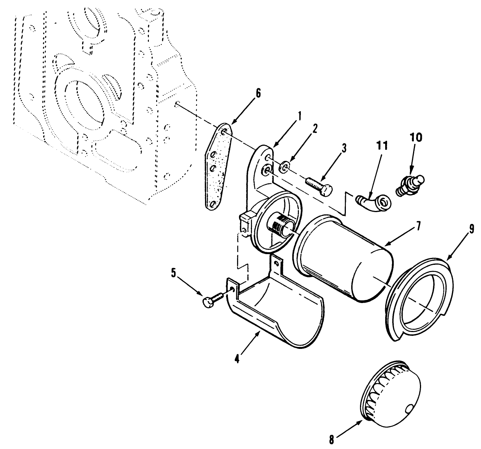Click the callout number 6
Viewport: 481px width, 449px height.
tap(258, 94)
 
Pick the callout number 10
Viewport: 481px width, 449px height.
tap(416, 137)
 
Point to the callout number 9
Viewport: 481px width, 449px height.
tap(471, 229)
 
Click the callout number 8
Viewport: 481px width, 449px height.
tap(331, 440)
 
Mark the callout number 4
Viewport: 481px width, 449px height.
tap(237, 359)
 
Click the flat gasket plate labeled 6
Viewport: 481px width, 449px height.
tap(216, 166)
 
